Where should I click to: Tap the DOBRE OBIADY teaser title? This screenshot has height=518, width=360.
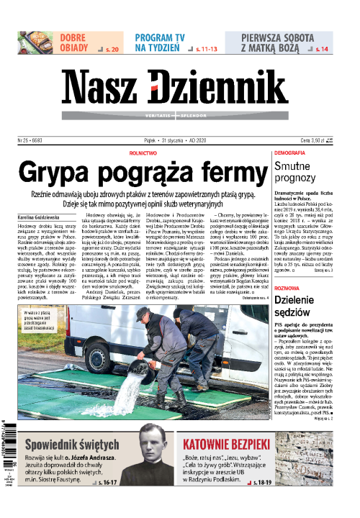(x=74, y=42)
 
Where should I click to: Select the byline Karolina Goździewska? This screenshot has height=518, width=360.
(x=43, y=217)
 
